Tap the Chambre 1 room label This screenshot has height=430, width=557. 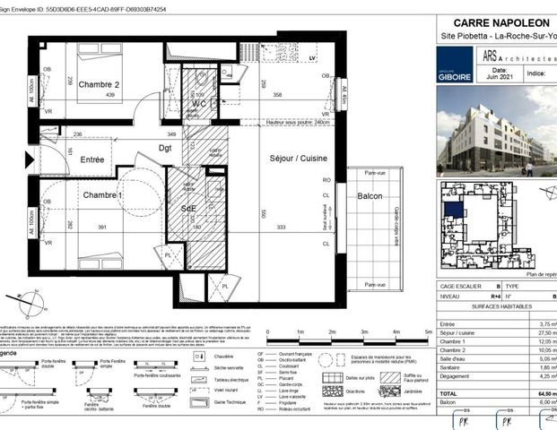tap(102, 194)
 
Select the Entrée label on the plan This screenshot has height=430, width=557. tap(92, 159)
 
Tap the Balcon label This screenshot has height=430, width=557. tap(370, 196)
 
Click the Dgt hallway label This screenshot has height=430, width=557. tap(165, 149)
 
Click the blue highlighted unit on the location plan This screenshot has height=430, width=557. tap(455, 210)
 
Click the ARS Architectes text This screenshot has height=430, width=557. tap(524, 56)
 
